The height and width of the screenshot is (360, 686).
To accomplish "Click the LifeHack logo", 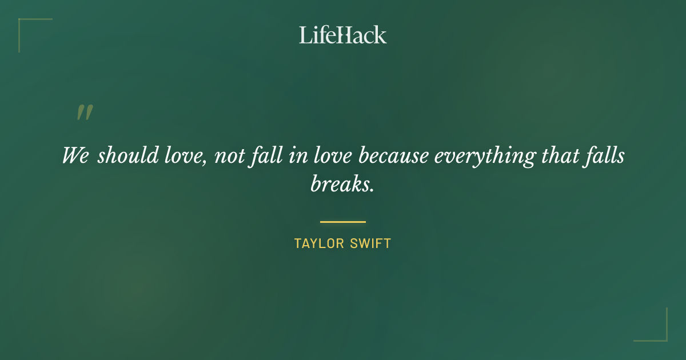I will click(343, 35).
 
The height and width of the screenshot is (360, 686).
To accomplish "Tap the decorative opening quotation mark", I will click(85, 113).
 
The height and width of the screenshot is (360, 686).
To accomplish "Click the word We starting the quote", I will click(75, 155).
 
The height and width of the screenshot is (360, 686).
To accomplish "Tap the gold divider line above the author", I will click(343, 222).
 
